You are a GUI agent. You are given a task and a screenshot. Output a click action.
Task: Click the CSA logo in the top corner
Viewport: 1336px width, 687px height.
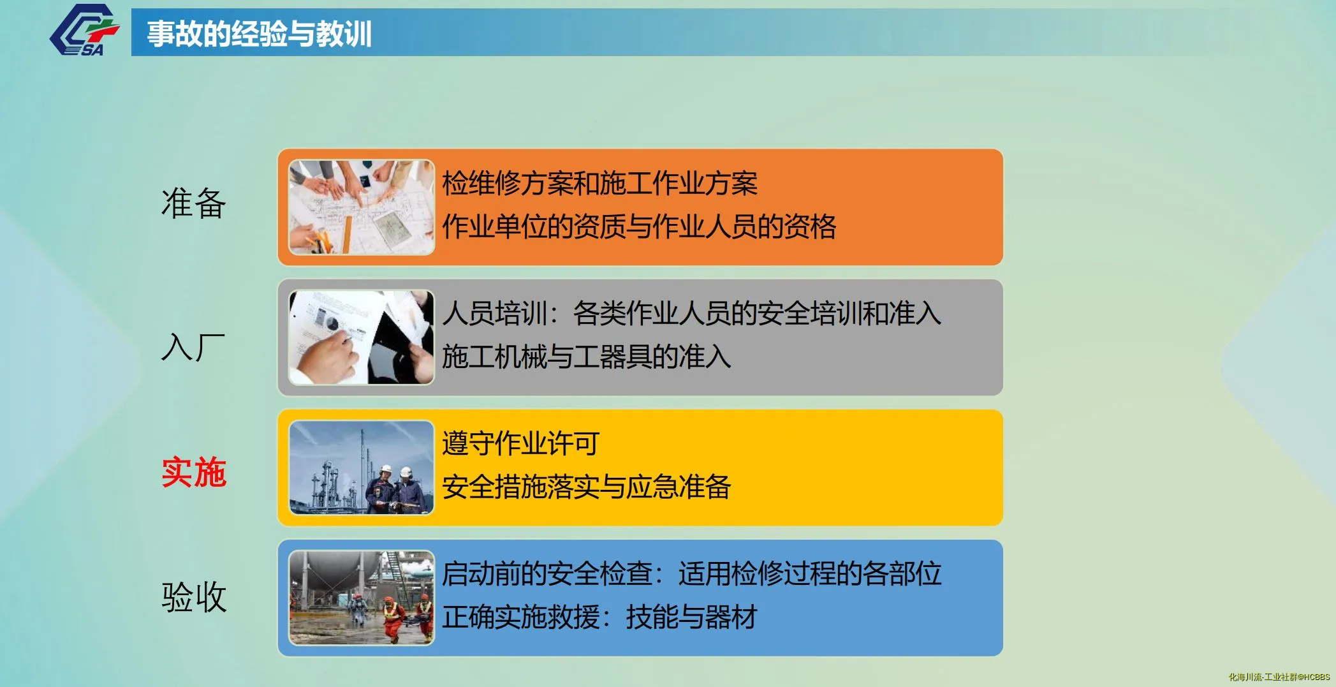click(x=84, y=30)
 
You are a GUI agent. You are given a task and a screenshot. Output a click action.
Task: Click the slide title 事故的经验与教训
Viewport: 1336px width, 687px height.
click(x=259, y=34)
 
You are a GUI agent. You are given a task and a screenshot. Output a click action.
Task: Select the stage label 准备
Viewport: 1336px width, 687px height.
click(x=193, y=203)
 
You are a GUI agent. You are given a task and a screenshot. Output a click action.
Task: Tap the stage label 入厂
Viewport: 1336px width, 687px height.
click(x=193, y=347)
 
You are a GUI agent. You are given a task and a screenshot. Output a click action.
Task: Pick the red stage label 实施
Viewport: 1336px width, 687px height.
click(x=194, y=472)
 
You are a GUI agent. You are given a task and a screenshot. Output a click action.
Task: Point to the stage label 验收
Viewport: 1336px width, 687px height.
click(x=194, y=597)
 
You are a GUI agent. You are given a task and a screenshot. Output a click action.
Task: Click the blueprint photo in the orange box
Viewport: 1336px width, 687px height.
click(x=362, y=207)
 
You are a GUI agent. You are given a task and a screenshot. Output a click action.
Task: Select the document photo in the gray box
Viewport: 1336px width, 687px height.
click(x=362, y=337)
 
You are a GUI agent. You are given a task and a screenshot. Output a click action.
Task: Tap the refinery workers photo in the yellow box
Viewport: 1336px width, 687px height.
click(x=362, y=468)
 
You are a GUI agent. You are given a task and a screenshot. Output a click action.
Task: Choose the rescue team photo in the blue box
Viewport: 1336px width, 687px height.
click(x=362, y=598)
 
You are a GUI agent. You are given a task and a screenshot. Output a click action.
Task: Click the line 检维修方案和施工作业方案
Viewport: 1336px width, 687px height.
click(x=599, y=184)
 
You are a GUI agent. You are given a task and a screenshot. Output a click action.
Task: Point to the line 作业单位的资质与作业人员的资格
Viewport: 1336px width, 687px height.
click(x=639, y=226)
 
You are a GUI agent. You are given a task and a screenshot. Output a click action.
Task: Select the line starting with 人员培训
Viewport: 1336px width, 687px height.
click(x=691, y=313)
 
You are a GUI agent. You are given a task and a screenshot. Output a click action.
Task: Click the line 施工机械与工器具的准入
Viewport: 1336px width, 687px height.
click(x=586, y=357)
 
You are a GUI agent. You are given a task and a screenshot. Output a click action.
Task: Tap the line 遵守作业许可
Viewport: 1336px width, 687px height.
click(x=520, y=443)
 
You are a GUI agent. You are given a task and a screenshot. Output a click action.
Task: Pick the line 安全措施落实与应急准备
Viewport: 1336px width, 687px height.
click(x=586, y=487)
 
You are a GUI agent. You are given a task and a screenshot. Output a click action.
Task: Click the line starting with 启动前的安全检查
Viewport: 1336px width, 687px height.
click(x=691, y=573)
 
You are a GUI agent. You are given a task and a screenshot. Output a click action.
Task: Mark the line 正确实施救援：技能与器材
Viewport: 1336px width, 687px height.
click(x=599, y=617)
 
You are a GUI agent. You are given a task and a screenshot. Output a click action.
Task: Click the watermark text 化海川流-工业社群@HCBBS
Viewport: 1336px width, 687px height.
click(x=1279, y=677)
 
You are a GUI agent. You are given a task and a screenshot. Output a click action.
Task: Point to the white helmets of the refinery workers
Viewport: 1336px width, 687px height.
click(x=395, y=471)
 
